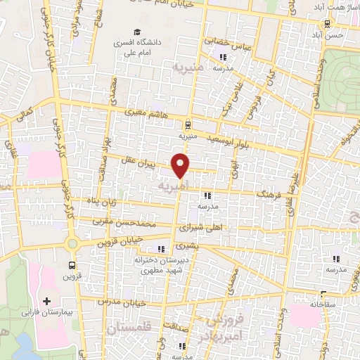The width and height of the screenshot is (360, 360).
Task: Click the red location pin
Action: (x=181, y=166)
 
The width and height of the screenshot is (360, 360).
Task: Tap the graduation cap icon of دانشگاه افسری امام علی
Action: (x=138, y=32)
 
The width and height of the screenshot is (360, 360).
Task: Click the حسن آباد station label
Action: (x=330, y=34)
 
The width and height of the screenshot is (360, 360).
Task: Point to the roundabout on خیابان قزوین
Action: (x=72, y=244)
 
